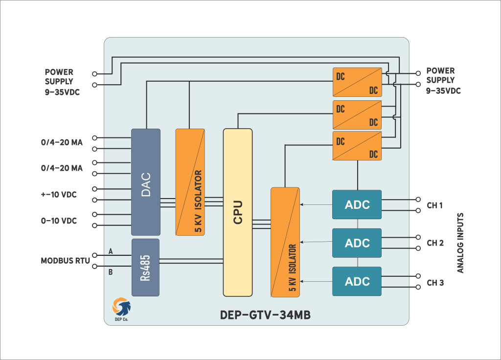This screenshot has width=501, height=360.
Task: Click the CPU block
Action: point(238,212)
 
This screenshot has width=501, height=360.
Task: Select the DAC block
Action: point(146,182)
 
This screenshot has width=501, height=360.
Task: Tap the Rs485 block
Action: point(145,268)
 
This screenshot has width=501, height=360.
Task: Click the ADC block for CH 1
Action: point(357,204)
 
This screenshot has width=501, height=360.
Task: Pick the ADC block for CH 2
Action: point(357,243)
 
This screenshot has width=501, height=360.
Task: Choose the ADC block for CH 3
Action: point(357,281)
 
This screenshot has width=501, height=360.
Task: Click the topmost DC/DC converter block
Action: point(357,82)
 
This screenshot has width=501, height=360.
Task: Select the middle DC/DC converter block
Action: point(357,114)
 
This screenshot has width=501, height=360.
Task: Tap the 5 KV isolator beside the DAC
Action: point(190,181)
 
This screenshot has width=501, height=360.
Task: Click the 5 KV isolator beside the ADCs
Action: point(285,242)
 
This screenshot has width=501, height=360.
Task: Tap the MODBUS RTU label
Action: point(66,261)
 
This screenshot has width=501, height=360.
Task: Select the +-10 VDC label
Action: point(59,195)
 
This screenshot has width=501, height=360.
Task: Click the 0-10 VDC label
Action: point(59,221)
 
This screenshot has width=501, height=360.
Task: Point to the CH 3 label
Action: point(435,283)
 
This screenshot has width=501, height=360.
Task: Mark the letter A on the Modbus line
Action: point(111,251)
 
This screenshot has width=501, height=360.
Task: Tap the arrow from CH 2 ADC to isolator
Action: point(316,242)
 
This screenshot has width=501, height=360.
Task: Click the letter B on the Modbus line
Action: point(111,272)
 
